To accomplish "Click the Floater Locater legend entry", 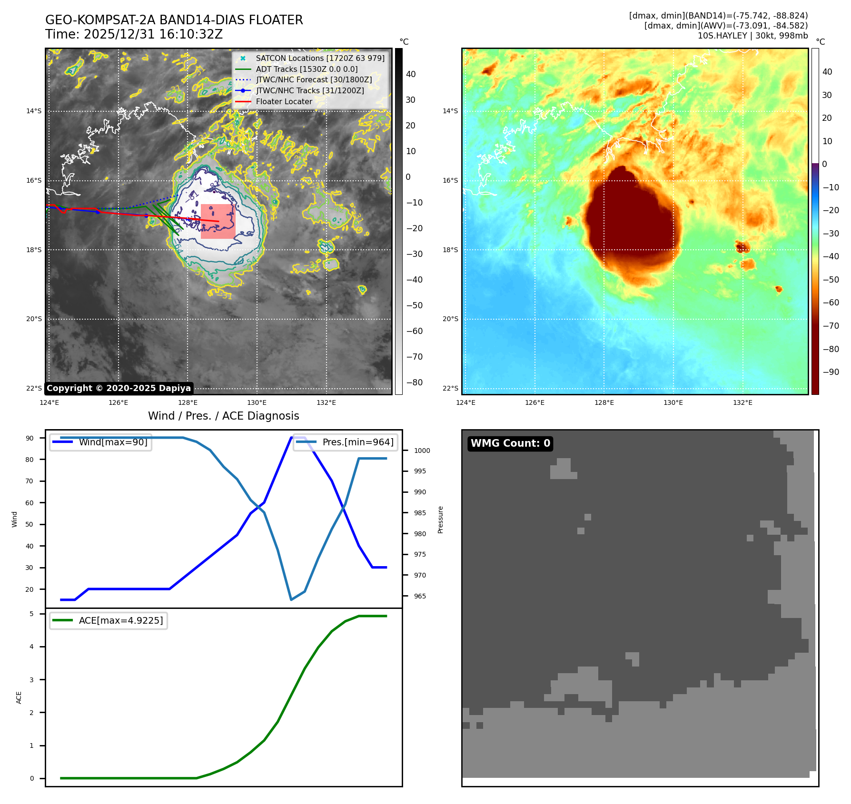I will point(284,101).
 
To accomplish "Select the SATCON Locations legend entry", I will point(320,58).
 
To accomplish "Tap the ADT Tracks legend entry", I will point(307,69).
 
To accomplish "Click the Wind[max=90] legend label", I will point(113,442).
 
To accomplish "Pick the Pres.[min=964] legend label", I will point(358,442).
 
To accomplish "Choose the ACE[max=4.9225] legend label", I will point(121,620).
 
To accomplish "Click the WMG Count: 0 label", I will point(510,443).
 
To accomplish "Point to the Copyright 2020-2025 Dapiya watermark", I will point(119,388).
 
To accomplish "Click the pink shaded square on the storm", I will point(218,221).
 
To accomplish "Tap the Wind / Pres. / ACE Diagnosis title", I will point(223,416).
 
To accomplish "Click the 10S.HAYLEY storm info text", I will point(752,36).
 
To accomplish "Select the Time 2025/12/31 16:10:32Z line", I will point(134,34).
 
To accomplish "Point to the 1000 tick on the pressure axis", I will point(422,451).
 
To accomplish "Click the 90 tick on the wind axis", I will point(30,438).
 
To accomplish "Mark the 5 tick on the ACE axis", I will point(32,614).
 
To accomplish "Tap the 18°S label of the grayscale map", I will point(34,250).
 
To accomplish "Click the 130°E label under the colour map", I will point(673,402).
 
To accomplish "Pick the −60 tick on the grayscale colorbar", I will point(414,331).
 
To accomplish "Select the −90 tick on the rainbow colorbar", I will point(831,372).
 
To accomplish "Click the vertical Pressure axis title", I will point(440,520).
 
